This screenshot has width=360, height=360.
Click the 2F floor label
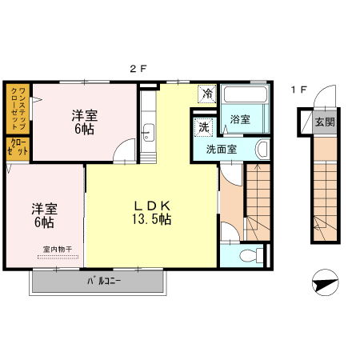coord(138,69)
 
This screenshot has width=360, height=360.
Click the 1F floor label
coord(299,90)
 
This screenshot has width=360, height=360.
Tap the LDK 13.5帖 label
coord(152,213)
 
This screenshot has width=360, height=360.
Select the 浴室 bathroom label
coord(240,119)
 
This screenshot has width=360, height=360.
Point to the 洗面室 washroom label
coord(222,150)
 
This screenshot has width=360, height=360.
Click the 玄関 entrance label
coord(325,122)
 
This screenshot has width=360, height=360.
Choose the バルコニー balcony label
coord(104,281)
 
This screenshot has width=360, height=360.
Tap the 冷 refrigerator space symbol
coord(207,94)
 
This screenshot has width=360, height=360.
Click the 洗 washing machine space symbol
coord(204,127)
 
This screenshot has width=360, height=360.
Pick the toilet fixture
coord(252,256)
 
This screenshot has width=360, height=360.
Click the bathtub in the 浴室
coord(246,94)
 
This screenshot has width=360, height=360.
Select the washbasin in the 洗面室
coord(262,150)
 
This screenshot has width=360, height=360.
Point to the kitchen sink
coord(148,132)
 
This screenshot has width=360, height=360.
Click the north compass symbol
coord(326,282)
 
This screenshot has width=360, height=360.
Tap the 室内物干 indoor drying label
coord(58,250)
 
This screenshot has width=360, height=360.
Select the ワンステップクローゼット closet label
coord(18,108)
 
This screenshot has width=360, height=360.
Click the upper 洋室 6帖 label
coord(84,122)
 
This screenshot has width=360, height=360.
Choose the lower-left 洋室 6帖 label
coord(44,215)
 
